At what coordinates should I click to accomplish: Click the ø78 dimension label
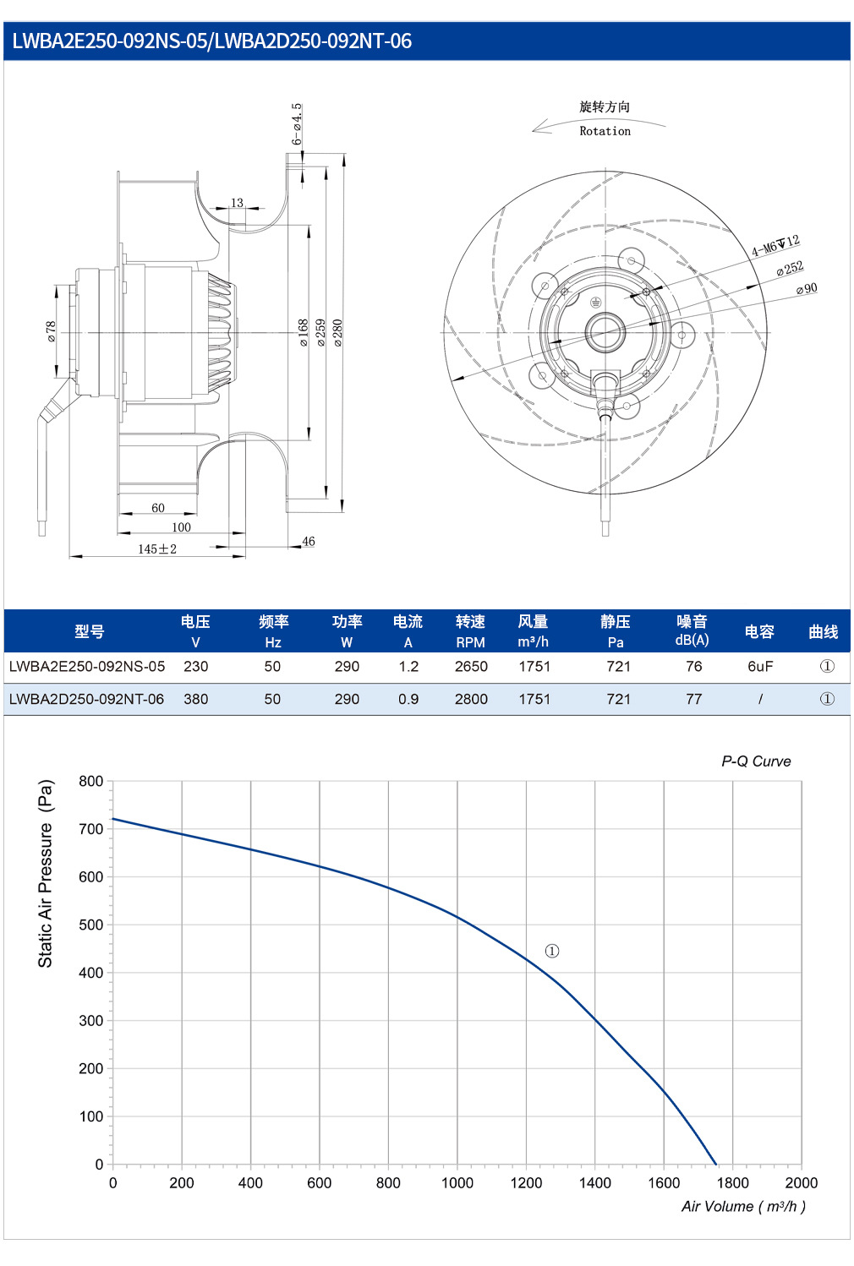tap(52, 331)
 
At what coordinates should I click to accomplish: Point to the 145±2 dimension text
tap(157, 548)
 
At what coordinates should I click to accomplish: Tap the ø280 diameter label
tap(337, 333)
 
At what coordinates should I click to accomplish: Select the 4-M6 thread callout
tap(775, 245)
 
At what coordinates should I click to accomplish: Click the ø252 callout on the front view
tap(790, 268)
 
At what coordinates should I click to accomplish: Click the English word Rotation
tap(605, 131)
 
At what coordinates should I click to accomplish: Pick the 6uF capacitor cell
tap(759, 666)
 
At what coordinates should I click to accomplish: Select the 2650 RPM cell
tap(471, 666)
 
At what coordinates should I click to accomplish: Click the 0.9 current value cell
tap(408, 699)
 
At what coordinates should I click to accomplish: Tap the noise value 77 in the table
tap(693, 699)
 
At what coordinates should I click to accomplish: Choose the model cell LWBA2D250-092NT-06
tap(86, 699)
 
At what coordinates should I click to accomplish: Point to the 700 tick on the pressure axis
tap(91, 829)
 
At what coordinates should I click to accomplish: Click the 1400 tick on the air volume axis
tap(595, 1183)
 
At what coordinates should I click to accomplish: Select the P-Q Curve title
tap(756, 761)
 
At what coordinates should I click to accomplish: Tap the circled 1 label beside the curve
tap(551, 951)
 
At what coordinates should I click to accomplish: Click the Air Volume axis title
tap(743, 1206)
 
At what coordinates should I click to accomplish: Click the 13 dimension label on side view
tap(237, 202)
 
